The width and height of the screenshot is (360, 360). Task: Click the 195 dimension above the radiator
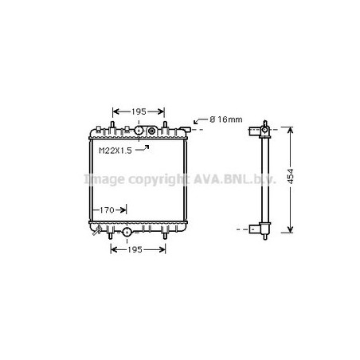point(139,112)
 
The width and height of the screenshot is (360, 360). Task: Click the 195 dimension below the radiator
point(135,250)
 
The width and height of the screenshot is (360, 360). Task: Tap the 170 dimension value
point(107,210)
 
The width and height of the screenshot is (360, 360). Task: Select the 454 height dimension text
point(291,176)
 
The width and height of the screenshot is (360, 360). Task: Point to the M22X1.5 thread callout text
point(115,151)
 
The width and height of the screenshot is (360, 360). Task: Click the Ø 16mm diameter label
point(226,119)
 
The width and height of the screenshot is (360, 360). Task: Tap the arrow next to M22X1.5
point(142,148)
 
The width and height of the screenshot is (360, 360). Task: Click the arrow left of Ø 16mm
point(201,121)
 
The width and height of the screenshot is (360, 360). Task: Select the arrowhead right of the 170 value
point(123,210)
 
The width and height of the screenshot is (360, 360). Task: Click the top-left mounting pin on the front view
point(112,125)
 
